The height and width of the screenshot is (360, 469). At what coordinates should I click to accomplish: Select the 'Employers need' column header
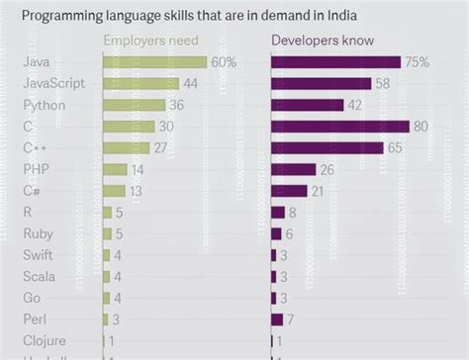tap(149, 41)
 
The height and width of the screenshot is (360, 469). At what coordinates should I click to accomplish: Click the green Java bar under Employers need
tap(154, 62)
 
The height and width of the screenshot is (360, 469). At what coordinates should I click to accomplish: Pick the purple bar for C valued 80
tap(339, 127)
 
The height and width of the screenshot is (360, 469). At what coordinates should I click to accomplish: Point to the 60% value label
tap(223, 62)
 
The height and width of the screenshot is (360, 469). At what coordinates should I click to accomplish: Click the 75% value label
tap(417, 62)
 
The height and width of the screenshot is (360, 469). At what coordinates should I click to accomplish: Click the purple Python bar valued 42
tap(307, 105)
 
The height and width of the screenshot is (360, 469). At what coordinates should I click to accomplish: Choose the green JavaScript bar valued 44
tap(141, 84)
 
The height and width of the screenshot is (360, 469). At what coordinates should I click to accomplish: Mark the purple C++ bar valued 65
tap(327, 147)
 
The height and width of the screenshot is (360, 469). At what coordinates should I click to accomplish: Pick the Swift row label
tap(38, 255)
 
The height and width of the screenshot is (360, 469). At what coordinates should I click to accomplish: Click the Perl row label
tap(35, 319)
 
